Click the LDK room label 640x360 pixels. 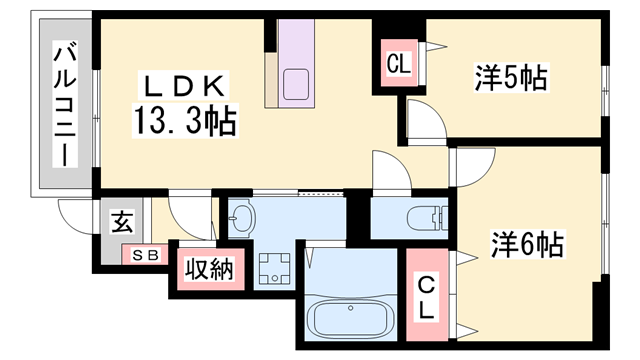(x=183, y=84)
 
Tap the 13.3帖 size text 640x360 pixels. (x=183, y=122)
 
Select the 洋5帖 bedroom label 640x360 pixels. (x=511, y=77)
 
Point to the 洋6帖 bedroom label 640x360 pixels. (x=526, y=243)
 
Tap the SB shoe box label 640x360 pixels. (x=146, y=255)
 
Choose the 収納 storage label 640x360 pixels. (x=209, y=269)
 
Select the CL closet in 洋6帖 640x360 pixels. (x=427, y=296)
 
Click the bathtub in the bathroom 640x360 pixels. (x=350, y=319)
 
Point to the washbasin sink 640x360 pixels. (x=244, y=217)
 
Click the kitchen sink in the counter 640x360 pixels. (x=298, y=85)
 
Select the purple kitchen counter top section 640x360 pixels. (x=296, y=45)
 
